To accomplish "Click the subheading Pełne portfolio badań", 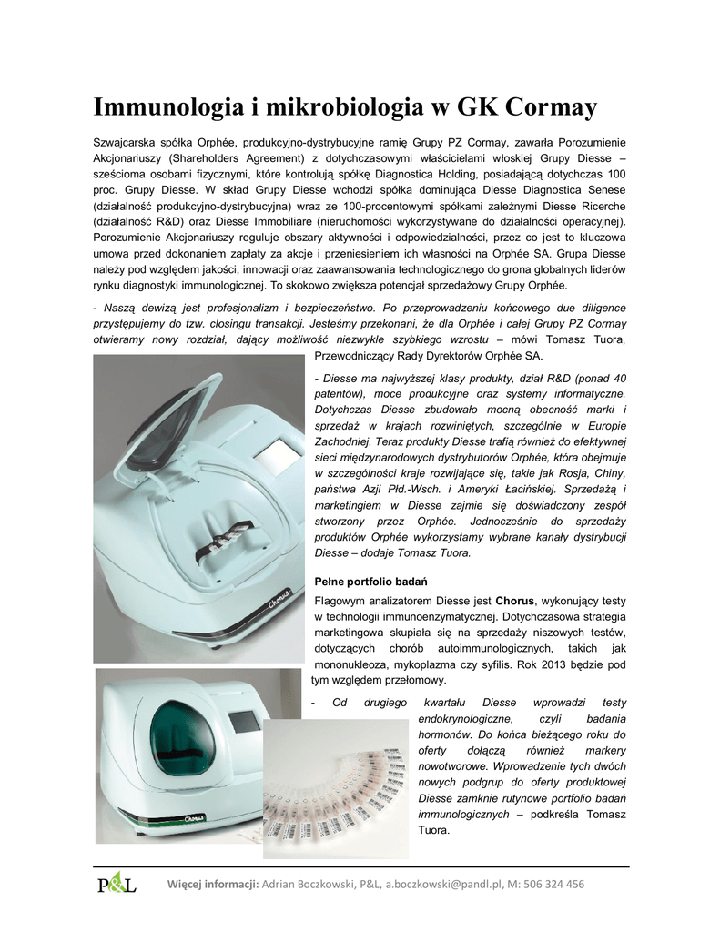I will click(370, 581).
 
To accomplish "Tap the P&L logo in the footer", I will click(116, 884).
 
